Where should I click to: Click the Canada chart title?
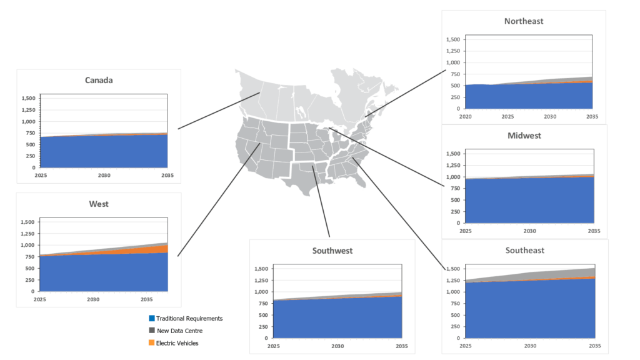[x=99, y=81]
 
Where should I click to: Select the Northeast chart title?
[x=524, y=21]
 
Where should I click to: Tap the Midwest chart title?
[x=524, y=136]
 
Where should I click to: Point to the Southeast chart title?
[x=524, y=251]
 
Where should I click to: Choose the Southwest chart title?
[x=332, y=251]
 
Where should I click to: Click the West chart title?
[x=99, y=204]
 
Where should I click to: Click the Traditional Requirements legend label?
[x=189, y=319]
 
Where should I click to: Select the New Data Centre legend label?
[x=179, y=331]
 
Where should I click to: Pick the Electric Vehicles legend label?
[x=177, y=342]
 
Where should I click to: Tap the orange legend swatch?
[x=152, y=342]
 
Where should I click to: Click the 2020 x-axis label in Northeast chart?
[x=466, y=116]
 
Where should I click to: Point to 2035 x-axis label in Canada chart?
[x=167, y=176]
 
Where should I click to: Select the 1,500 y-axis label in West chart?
[x=28, y=222]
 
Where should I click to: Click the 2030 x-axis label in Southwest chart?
[x=337, y=346]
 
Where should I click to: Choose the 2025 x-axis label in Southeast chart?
[x=466, y=346]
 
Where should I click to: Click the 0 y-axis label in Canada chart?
[x=35, y=168]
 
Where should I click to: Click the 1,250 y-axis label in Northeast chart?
[x=452, y=51]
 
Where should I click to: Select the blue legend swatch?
[x=152, y=319]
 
